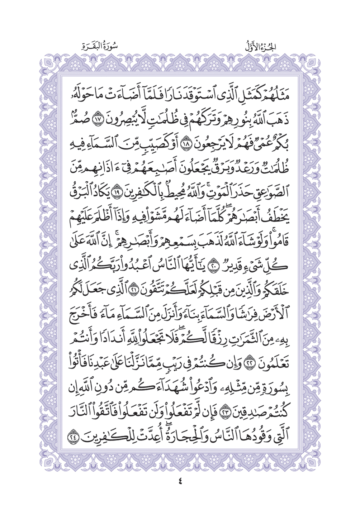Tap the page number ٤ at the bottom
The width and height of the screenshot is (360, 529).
180,481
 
